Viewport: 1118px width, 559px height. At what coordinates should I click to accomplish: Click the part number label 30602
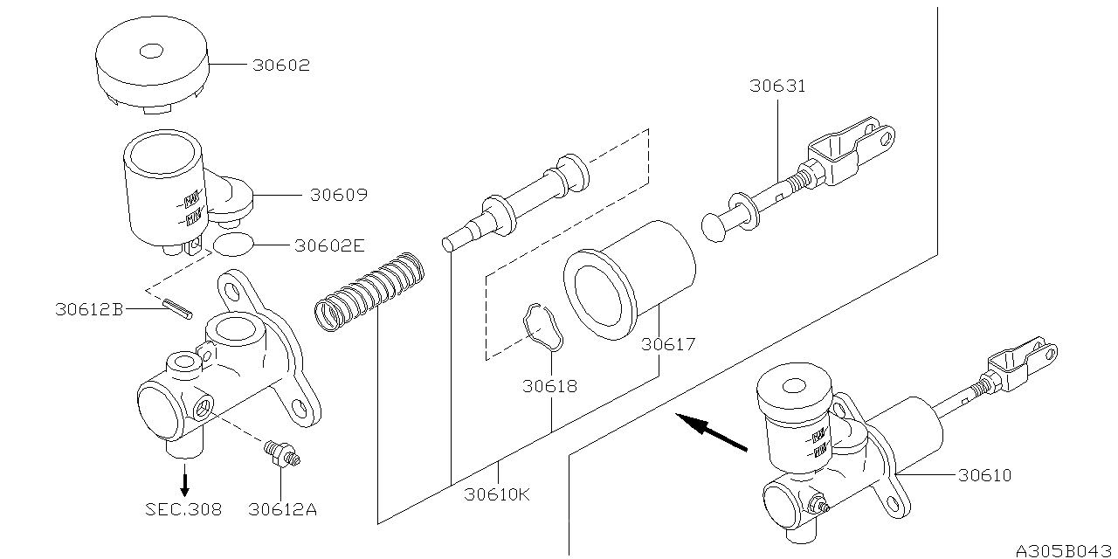[x=281, y=66]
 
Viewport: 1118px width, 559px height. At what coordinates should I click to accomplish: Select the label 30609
[x=338, y=196]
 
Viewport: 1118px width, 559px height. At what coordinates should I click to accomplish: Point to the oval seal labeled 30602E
[x=231, y=245]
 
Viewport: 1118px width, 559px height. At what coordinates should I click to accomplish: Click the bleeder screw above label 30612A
[x=282, y=452]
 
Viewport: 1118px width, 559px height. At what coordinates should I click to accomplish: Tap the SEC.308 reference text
[x=183, y=509]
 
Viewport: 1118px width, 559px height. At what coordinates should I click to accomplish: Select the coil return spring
[x=369, y=292]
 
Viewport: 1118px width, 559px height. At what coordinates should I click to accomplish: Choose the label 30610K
[x=496, y=494]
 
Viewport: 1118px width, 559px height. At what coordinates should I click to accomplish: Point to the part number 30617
[x=668, y=345]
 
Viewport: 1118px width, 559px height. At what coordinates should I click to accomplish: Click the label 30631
[x=776, y=86]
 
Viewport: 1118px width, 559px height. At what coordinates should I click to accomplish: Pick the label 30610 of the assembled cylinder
[x=983, y=476]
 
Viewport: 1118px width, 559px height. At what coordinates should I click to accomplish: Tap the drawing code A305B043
[x=1064, y=550]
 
